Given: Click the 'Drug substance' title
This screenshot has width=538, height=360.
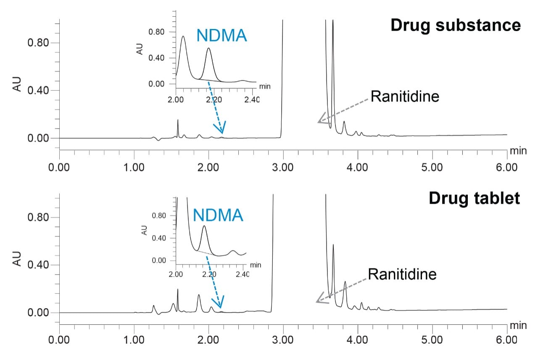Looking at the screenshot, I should (x=455, y=25).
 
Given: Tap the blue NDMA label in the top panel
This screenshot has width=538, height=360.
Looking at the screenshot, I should (x=222, y=36).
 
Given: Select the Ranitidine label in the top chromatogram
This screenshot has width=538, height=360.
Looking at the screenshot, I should (x=405, y=97).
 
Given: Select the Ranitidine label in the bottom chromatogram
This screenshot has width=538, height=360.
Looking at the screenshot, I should (x=402, y=274).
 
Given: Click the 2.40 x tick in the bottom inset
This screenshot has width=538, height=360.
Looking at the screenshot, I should (x=243, y=275).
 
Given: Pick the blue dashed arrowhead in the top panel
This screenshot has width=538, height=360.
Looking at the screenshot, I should (x=221, y=128).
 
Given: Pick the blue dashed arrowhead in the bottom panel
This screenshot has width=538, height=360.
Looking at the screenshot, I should (x=219, y=303).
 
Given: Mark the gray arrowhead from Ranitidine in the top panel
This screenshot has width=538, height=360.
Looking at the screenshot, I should (x=322, y=119).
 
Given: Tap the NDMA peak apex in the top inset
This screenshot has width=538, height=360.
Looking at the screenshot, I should (x=209, y=48).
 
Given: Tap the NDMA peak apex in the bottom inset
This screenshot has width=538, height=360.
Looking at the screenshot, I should (x=204, y=226).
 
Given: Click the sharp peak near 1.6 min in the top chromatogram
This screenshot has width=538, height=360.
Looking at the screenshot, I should (x=178, y=121).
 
